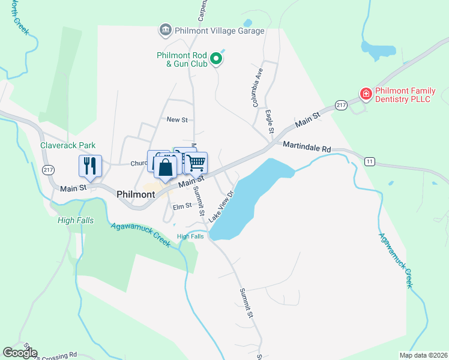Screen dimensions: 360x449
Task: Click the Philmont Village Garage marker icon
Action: pyautogui.click(x=164, y=30)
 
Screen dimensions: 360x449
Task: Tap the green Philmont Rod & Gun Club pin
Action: pyautogui.click(x=218, y=59)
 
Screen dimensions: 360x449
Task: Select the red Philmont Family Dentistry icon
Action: pyautogui.click(x=365, y=94)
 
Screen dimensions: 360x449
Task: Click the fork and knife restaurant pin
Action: pyautogui.click(x=90, y=166)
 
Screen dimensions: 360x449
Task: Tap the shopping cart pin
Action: pyautogui.click(x=196, y=163)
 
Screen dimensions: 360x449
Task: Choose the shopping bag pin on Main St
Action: pyautogui.click(x=166, y=169)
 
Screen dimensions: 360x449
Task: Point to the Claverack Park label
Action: pyautogui.click(x=68, y=145)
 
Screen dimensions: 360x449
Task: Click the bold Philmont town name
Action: pyautogui.click(x=137, y=194)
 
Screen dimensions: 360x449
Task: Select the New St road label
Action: pyautogui.click(x=177, y=120)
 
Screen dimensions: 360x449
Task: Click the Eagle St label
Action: pyautogui.click(x=270, y=122)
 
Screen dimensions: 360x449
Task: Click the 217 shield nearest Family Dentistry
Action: pyautogui.click(x=341, y=104)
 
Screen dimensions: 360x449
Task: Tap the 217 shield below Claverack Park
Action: pyautogui.click(x=48, y=170)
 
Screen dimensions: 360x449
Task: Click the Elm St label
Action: pyautogui.click(x=181, y=206)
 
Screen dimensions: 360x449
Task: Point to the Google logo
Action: pyautogui.click(x=20, y=353)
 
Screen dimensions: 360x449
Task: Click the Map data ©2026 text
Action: pyautogui.click(x=423, y=355)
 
